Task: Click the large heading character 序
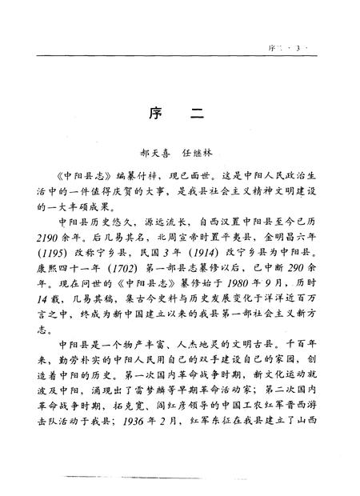point(157,114)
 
